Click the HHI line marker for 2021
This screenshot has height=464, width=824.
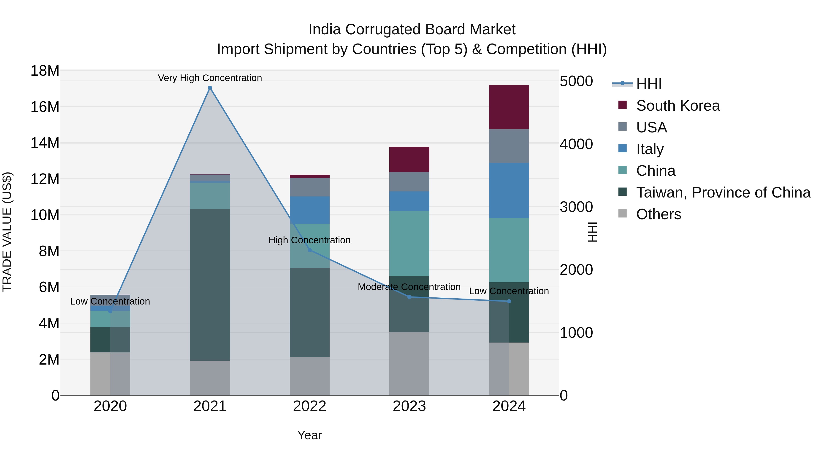pyautogui.click(x=210, y=88)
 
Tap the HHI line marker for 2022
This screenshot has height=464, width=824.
pyautogui.click(x=309, y=250)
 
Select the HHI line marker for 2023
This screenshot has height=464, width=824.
pyautogui.click(x=409, y=297)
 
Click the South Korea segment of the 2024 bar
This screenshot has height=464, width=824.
pyautogui.click(x=509, y=107)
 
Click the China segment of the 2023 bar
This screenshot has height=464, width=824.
pyautogui.click(x=409, y=243)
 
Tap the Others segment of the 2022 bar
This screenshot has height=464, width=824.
pyautogui.click(x=309, y=376)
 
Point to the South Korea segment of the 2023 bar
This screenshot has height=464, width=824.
pyautogui.click(x=409, y=159)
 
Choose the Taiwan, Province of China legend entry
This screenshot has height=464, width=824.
pyautogui.click(x=723, y=192)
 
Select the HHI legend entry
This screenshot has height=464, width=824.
pyautogui.click(x=648, y=84)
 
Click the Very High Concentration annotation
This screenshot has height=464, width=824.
pyautogui.click(x=210, y=78)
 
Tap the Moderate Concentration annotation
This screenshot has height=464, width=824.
pyautogui.click(x=409, y=287)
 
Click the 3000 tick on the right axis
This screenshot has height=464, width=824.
pyautogui.click(x=576, y=207)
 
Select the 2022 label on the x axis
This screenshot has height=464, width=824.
pyautogui.click(x=309, y=406)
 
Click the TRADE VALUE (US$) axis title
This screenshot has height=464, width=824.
pyautogui.click(x=7, y=232)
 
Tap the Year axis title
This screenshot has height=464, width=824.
pyautogui.click(x=309, y=435)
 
